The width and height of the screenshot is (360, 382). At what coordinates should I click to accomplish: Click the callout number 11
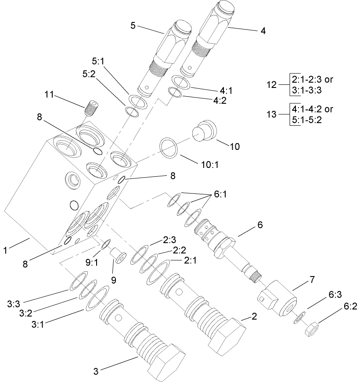pos(49,95)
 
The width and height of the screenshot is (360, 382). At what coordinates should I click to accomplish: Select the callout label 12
pos(272,84)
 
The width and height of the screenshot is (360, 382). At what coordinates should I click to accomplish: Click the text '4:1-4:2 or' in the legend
pos(311,109)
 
